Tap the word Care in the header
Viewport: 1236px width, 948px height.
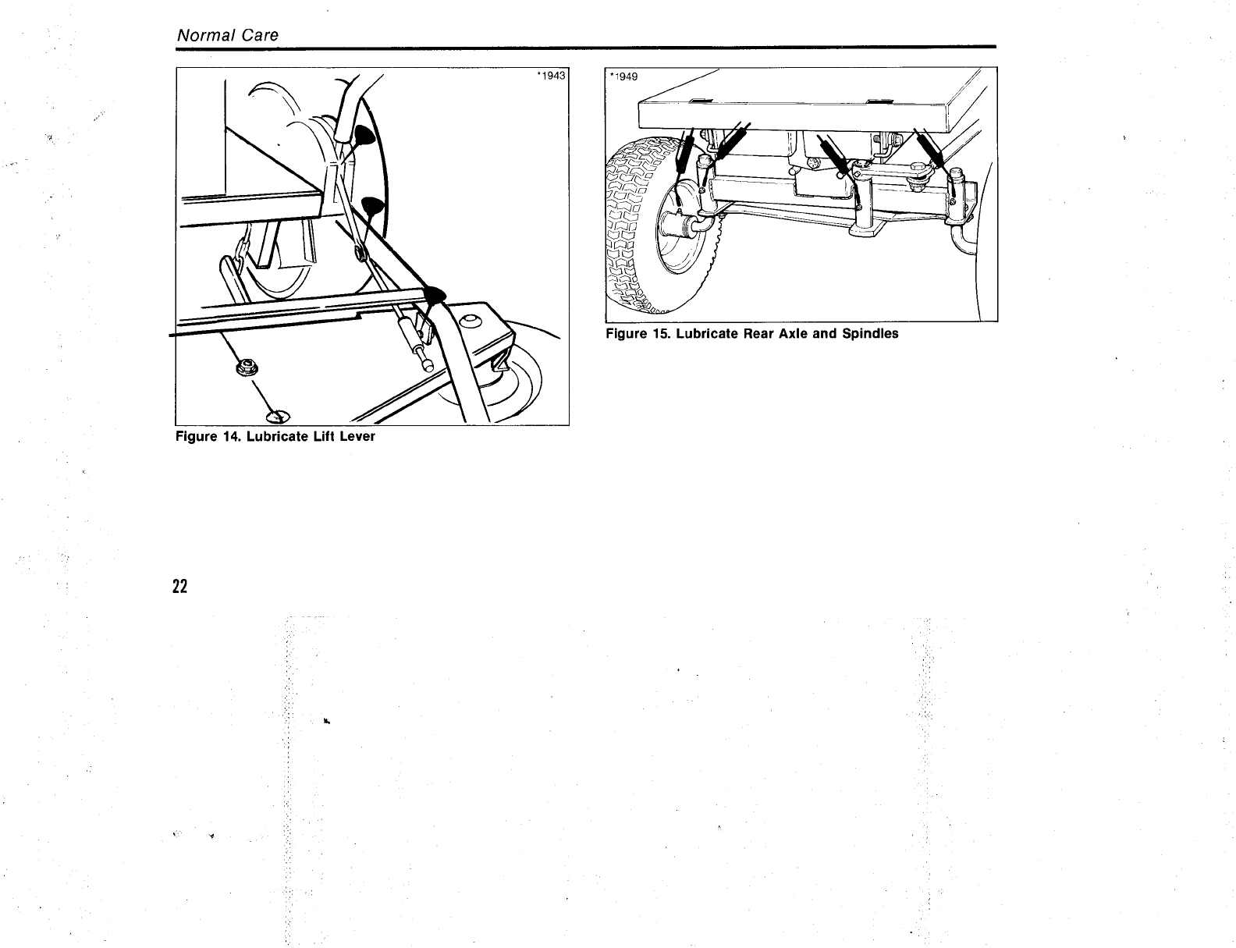tap(260, 36)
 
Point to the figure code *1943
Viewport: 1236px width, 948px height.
tap(551, 76)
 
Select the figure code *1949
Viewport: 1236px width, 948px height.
tap(624, 76)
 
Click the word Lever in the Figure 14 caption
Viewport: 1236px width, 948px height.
tap(357, 436)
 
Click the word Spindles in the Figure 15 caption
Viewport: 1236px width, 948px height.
tap(869, 334)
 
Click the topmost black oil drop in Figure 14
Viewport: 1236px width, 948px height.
tap(362, 137)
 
